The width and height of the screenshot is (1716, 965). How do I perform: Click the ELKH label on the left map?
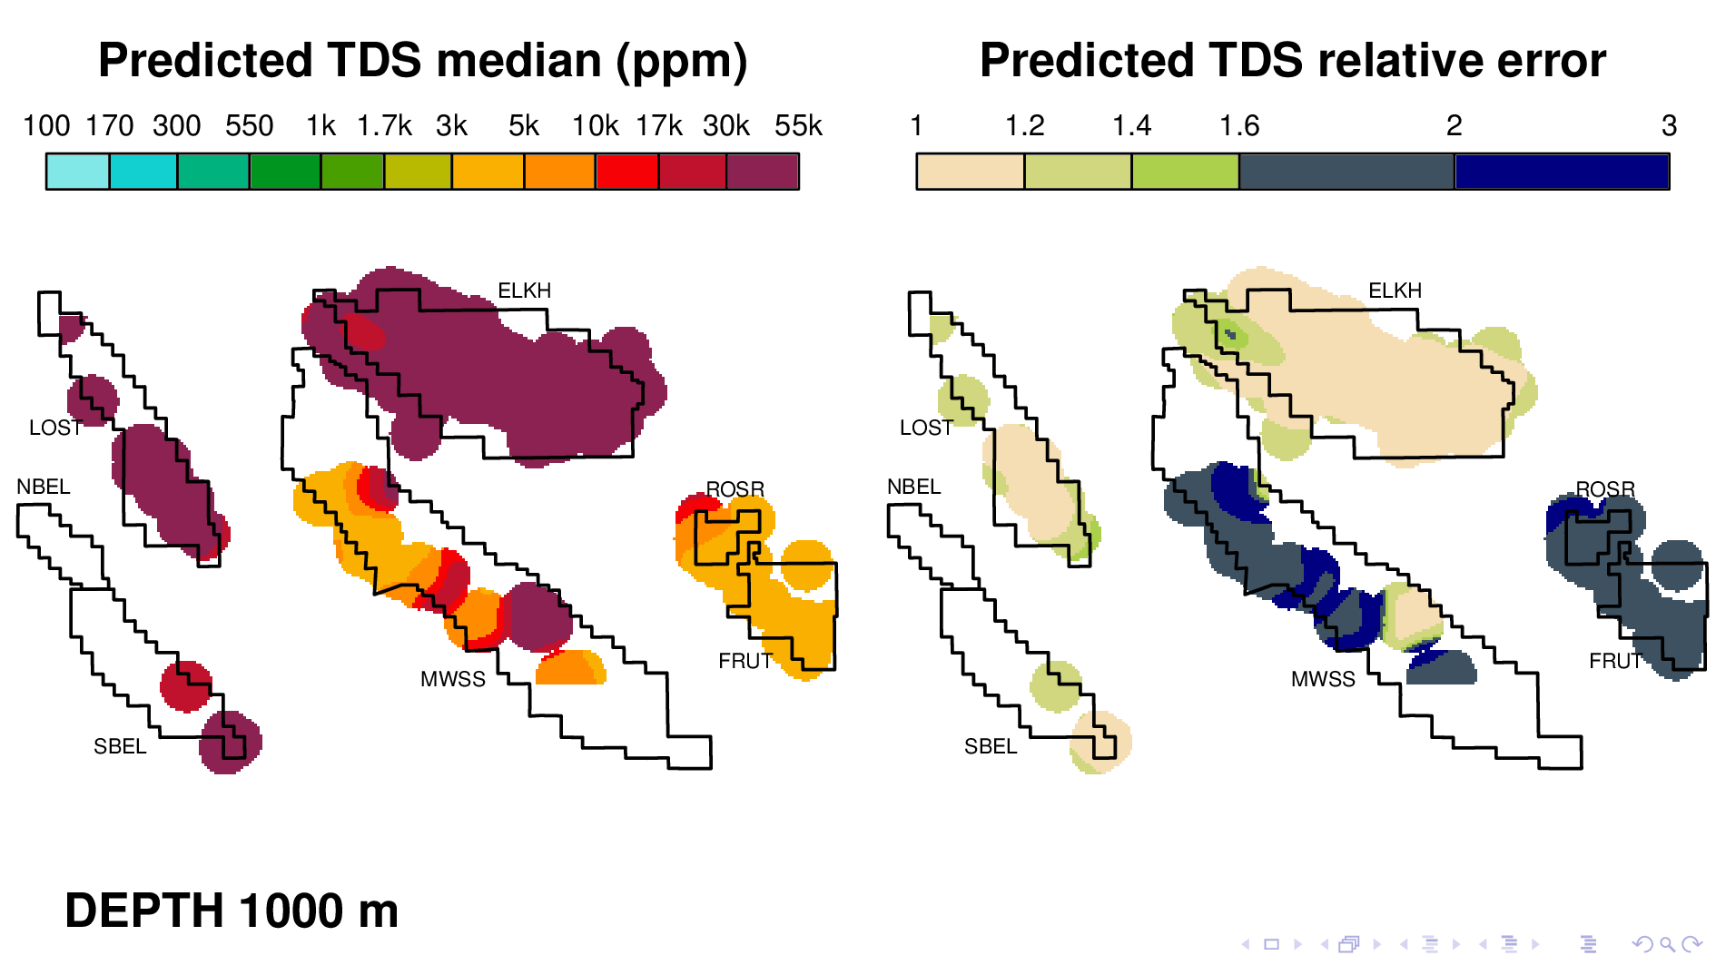coord(524,290)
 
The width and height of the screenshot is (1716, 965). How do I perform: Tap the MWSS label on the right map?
coord(1323,679)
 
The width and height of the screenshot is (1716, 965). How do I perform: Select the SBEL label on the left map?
coord(120,746)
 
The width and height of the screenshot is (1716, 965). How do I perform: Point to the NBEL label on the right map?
coord(913,487)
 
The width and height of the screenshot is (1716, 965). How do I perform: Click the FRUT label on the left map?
coord(745,661)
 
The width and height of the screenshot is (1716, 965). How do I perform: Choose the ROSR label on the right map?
coord(1605,489)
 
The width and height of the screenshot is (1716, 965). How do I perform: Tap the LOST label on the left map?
coord(55,428)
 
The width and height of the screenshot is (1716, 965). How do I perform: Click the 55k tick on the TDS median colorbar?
coord(798,125)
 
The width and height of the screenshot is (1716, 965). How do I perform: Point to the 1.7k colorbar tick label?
coord(384,125)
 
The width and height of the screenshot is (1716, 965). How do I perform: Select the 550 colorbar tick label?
coord(249,125)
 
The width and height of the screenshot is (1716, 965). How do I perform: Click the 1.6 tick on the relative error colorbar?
coord(1238,125)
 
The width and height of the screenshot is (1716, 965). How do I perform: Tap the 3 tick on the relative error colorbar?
coord(1669,125)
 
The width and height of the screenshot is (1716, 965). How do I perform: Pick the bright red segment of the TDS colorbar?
coord(626,172)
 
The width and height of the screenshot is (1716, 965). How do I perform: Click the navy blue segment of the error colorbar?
coord(1562,172)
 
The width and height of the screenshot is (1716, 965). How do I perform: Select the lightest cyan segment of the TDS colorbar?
coord(78,172)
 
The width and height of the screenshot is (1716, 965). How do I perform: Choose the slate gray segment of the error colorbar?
coord(1346,172)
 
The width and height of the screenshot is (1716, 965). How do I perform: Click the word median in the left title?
coord(519,61)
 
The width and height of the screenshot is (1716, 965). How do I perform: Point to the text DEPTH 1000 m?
coord(232,911)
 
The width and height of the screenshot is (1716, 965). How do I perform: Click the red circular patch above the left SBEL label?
coord(186,685)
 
